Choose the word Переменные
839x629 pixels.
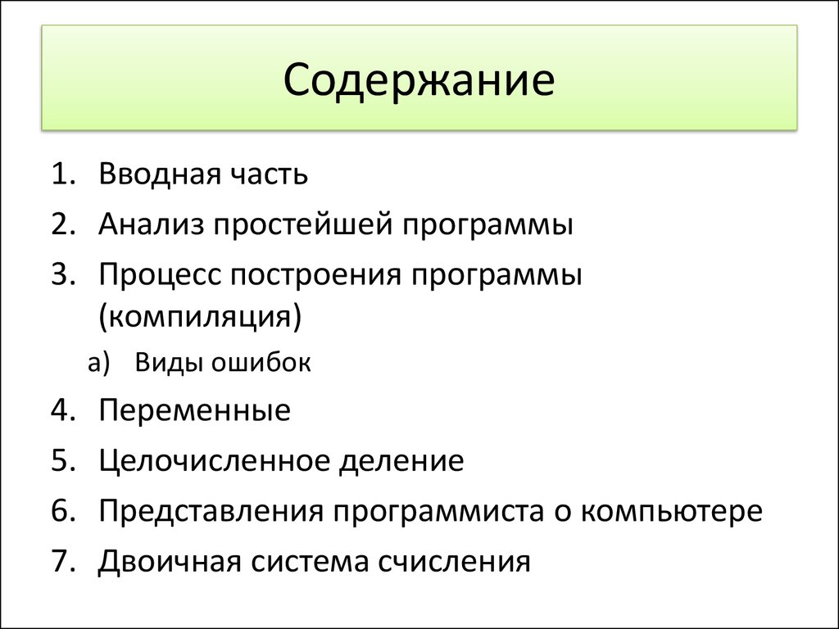click(x=195, y=410)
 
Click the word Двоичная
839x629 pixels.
click(x=169, y=563)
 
